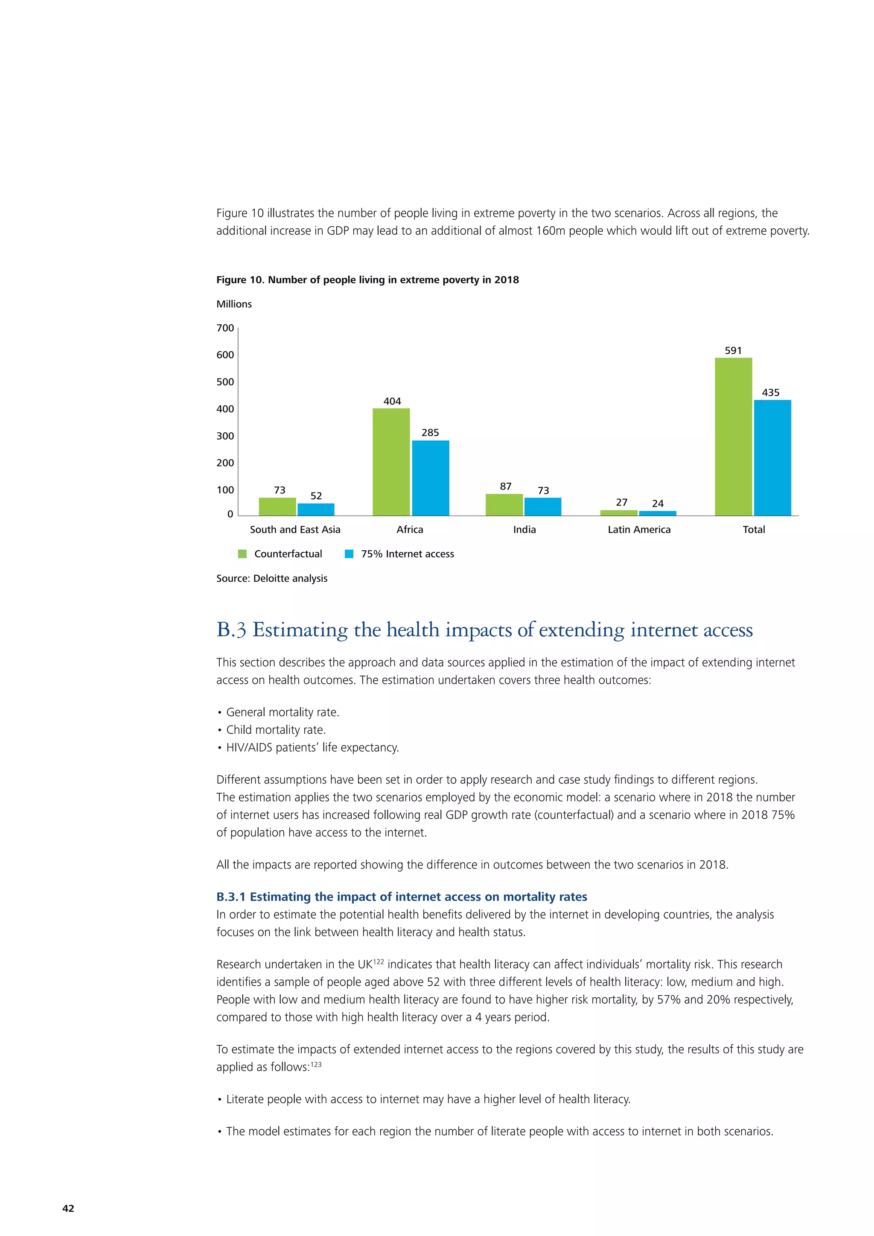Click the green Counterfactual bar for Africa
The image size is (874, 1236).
(x=391, y=462)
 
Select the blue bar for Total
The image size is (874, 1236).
(x=772, y=458)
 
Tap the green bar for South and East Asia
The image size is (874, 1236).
(x=277, y=507)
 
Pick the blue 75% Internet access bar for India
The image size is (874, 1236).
(x=542, y=507)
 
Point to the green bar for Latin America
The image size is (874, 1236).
(x=619, y=513)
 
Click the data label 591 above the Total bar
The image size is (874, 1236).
(x=733, y=350)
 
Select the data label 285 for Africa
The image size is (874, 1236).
(x=430, y=432)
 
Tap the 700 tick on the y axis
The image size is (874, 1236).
(x=225, y=328)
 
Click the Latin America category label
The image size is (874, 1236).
(x=639, y=529)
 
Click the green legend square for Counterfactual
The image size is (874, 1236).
(x=242, y=554)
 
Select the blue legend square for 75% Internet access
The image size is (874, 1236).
(x=349, y=554)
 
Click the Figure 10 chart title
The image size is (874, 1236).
(x=367, y=280)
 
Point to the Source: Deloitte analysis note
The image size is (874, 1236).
(x=272, y=578)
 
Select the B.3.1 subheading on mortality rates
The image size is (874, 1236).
(x=402, y=896)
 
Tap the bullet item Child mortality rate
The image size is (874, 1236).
(x=276, y=729)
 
